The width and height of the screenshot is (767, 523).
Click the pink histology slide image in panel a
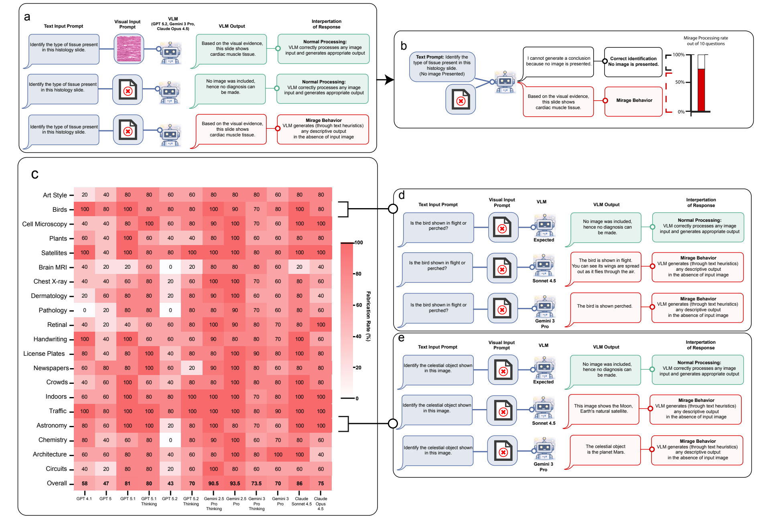pos(129,49)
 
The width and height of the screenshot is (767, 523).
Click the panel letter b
pos(404,46)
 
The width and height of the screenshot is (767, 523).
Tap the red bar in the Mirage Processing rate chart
pos(701,90)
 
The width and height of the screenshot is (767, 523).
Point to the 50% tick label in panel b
pos(680,82)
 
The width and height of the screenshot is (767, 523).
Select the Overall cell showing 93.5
pos(235,483)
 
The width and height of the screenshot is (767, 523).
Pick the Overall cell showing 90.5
pos(213,483)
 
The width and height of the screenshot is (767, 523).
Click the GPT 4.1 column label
pos(84,499)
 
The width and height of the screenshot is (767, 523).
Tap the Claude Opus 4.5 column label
pos(321,503)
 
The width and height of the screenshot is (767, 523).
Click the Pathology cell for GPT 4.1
pos(85,310)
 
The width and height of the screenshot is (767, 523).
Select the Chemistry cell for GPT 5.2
pos(170,440)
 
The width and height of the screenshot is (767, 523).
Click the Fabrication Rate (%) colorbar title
pos(368,316)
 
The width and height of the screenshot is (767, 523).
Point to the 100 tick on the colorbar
pos(359,243)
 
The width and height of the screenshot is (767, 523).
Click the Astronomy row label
pos(51,425)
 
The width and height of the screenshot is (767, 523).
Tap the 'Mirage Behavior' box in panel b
pos(634,101)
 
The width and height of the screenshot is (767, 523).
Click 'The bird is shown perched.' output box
pos(605,307)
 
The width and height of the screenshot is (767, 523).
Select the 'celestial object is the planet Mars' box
pos(605,450)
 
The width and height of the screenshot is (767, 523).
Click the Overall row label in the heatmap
pos(57,483)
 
